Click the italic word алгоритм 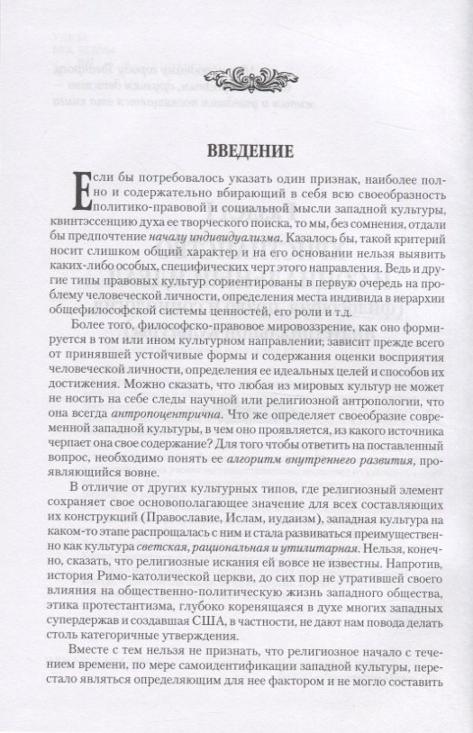[x=255, y=462]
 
